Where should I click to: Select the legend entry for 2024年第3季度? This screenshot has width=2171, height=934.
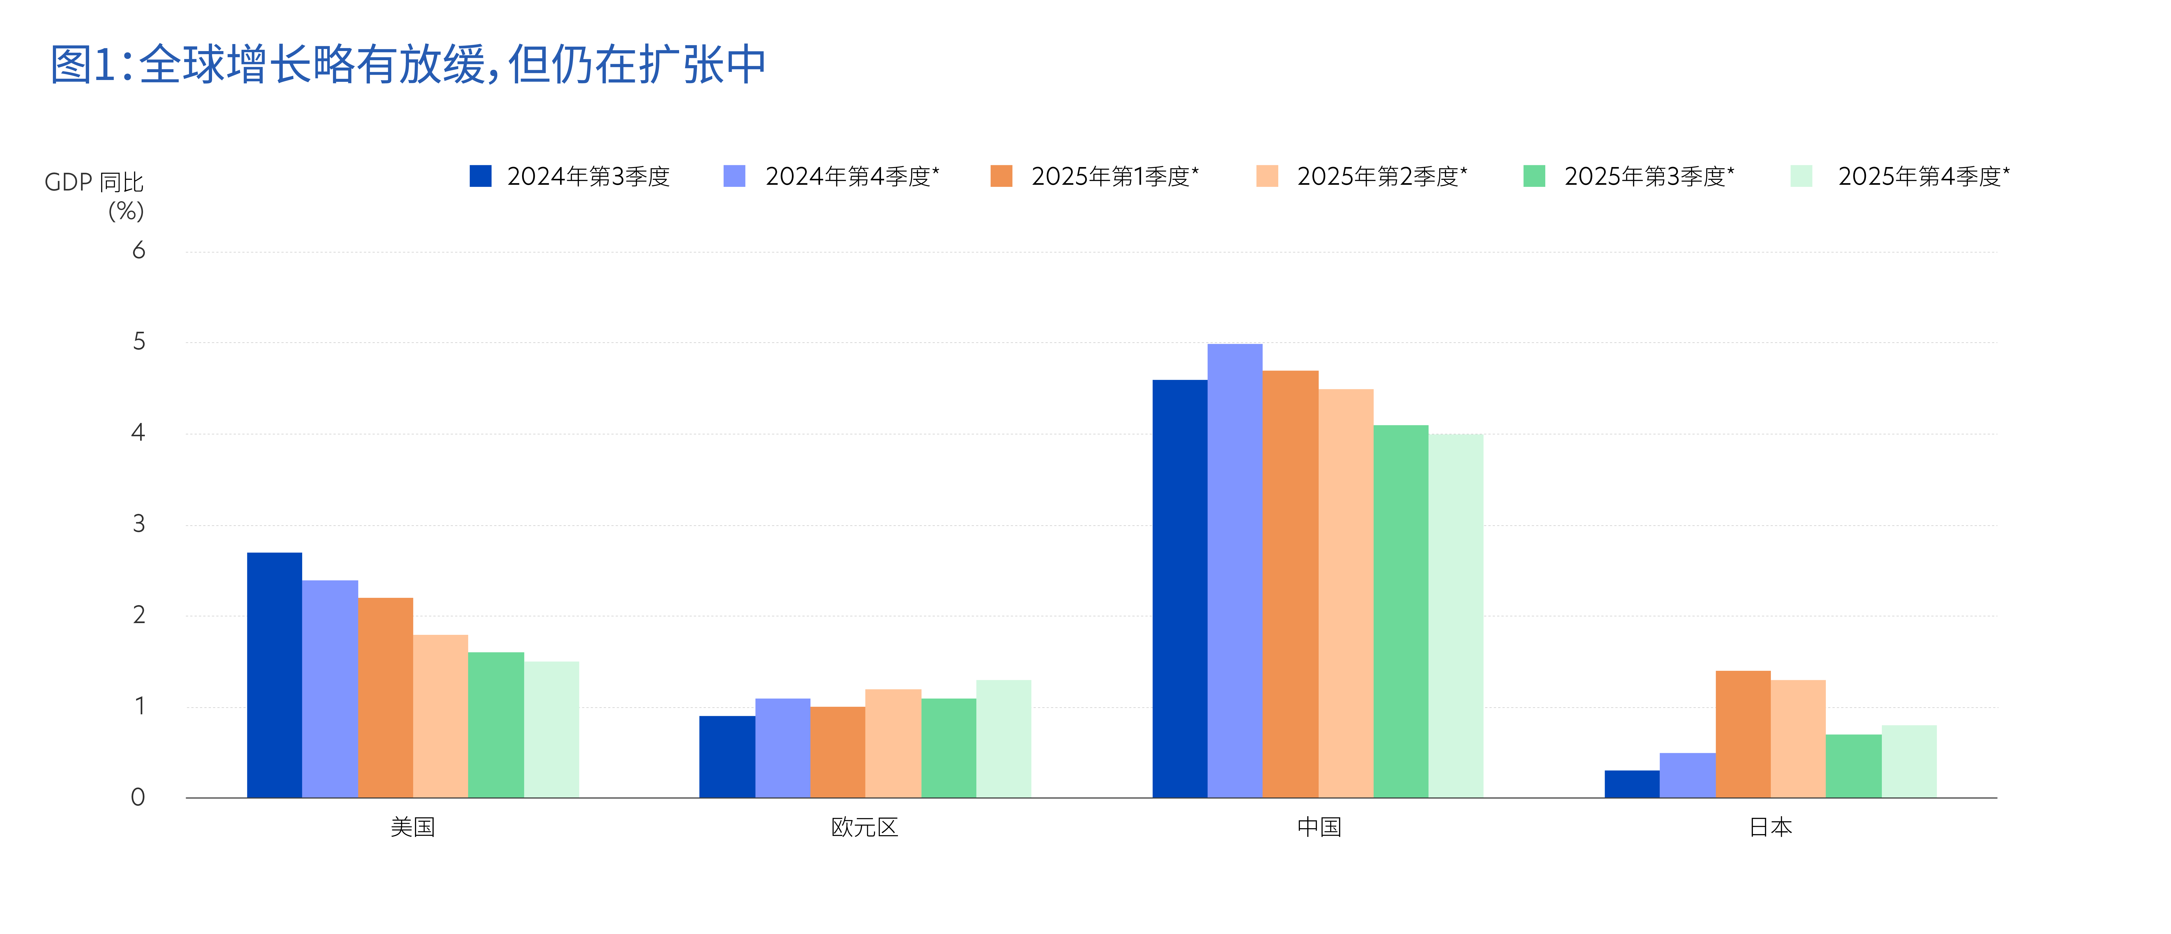click(x=570, y=176)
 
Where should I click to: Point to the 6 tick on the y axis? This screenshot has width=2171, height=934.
click(x=139, y=250)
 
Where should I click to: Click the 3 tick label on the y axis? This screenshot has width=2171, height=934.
click(x=139, y=524)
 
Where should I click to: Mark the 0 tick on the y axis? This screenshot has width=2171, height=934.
click(x=138, y=797)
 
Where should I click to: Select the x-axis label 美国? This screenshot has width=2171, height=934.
click(x=413, y=827)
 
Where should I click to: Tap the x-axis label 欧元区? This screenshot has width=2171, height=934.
click(x=865, y=827)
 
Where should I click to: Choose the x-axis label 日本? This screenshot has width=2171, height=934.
click(x=1771, y=827)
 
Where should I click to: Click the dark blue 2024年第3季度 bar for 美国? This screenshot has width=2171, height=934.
click(x=275, y=675)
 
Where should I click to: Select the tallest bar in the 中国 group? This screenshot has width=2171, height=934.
click(x=1235, y=571)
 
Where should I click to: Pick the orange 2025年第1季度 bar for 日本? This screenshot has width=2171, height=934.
click(x=1743, y=734)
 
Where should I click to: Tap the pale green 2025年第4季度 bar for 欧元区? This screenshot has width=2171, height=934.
click(x=1004, y=739)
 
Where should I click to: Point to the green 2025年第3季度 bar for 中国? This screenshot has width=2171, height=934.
click(x=1401, y=611)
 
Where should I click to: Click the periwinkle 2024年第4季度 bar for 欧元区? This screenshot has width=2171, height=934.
click(x=783, y=748)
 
